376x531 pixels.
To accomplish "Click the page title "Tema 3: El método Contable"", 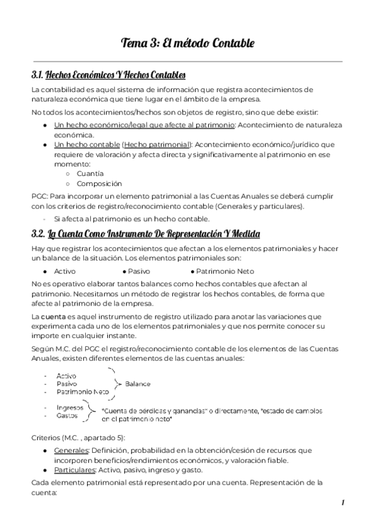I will click(188, 43).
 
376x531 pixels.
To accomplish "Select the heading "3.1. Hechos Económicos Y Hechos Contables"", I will click(108, 75).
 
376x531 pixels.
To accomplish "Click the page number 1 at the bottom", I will click(343, 503).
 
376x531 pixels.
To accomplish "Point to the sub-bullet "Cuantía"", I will click(90, 173).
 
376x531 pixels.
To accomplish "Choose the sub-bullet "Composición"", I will click(99, 183).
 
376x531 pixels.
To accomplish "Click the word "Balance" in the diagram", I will click(138, 383).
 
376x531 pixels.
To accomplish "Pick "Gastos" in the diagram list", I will click(67, 415).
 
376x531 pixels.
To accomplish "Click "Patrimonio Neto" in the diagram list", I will click(83, 391).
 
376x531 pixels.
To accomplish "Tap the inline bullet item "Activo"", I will click(65, 271).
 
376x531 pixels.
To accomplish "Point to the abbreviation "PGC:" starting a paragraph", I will click(40, 197).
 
